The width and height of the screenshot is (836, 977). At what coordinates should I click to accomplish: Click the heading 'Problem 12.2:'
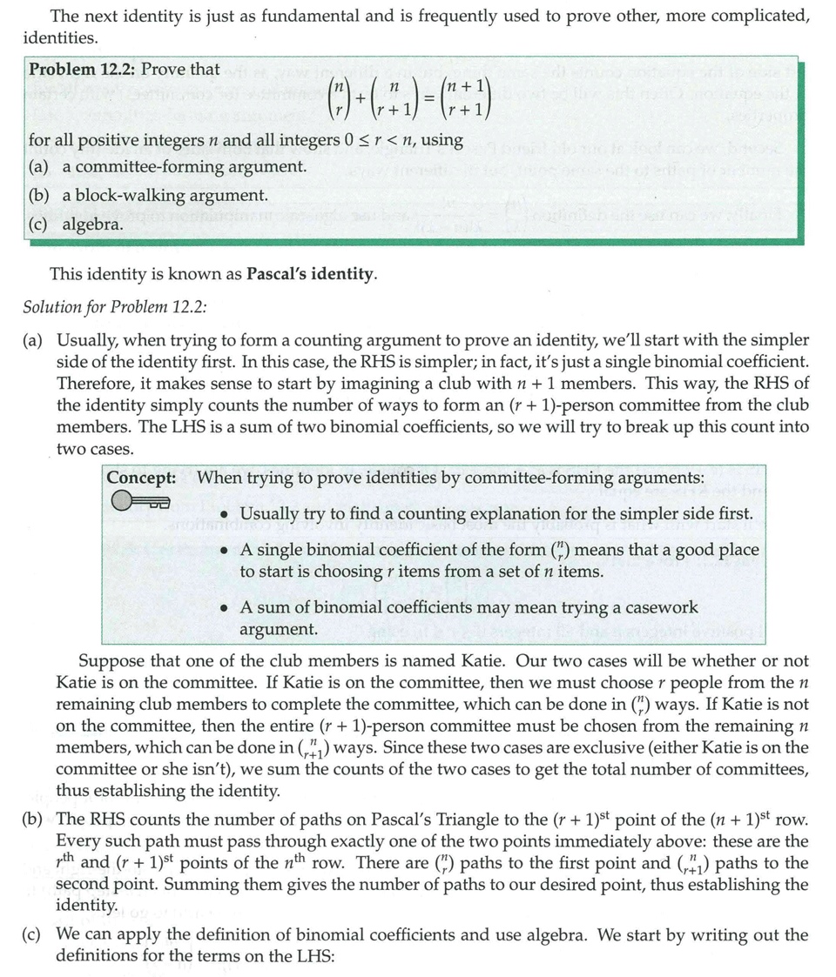click(x=82, y=69)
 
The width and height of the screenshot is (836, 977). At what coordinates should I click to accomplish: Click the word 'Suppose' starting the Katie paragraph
click(x=109, y=661)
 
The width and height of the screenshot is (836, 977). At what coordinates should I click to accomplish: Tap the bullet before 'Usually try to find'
click(x=226, y=515)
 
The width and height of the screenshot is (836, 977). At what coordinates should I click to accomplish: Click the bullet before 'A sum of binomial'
click(x=226, y=608)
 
